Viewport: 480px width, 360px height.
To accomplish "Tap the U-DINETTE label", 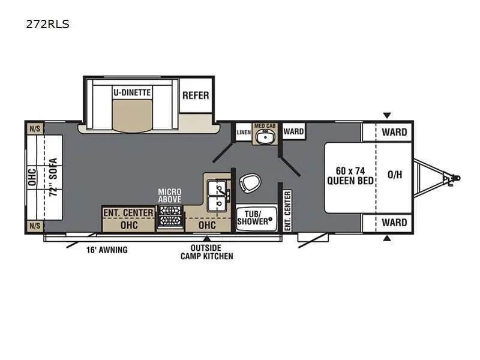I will (x=132, y=92).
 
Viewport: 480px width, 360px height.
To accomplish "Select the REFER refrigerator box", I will (x=196, y=95).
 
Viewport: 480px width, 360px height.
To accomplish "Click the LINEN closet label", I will (x=243, y=131).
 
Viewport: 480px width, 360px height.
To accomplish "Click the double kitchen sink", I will (x=217, y=196).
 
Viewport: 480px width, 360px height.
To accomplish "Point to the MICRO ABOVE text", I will (x=170, y=196).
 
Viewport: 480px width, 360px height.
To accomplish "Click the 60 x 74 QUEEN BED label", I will (x=351, y=176).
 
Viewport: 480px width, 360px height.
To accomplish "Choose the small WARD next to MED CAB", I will (x=293, y=131).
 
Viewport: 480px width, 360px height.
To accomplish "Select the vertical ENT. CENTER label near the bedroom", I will (x=287, y=211).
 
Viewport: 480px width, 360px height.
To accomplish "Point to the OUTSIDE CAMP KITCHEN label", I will (x=207, y=252).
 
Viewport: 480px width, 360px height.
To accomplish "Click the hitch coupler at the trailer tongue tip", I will (x=455, y=178).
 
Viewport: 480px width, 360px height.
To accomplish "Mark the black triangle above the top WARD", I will (x=387, y=115).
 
